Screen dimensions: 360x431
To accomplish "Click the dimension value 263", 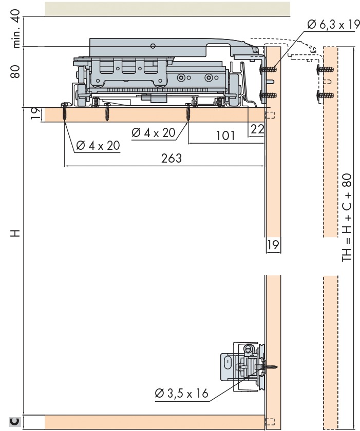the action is [172, 159].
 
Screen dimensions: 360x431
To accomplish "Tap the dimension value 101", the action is [225, 135].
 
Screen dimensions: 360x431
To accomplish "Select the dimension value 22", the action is [257, 129].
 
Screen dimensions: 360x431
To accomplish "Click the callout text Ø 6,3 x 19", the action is [333, 25].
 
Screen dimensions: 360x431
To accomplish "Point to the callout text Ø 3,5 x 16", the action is [181, 394].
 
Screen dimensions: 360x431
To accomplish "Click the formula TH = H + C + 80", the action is [347, 217].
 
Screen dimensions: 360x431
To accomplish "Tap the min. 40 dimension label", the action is [16, 29].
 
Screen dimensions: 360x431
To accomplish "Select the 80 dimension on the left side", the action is [15, 71].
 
